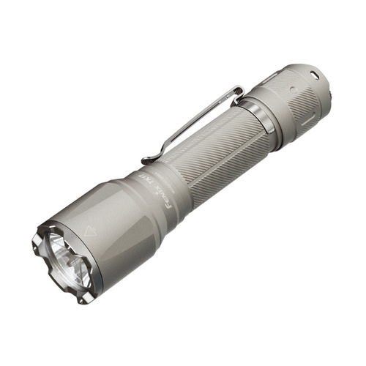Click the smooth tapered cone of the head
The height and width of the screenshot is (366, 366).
point(124,220)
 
